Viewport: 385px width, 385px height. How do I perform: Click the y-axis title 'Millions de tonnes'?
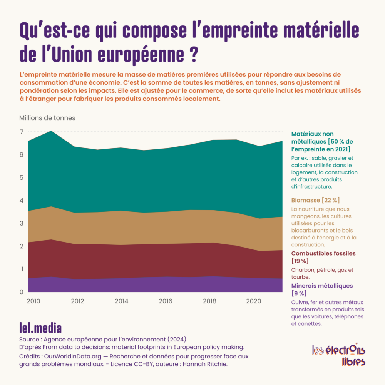[x=47, y=118]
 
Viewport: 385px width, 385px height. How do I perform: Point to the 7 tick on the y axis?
[x=22, y=132]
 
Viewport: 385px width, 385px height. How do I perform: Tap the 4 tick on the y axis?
[x=22, y=201]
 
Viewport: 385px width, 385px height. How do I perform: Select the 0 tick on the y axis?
[x=22, y=292]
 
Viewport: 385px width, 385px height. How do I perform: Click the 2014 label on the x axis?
[x=122, y=301]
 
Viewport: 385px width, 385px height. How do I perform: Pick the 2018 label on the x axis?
[x=210, y=301]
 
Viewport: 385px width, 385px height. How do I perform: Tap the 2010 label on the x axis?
[x=34, y=301]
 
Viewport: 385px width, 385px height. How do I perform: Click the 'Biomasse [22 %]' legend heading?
[x=316, y=200]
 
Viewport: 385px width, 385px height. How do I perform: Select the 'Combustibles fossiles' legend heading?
[x=323, y=253]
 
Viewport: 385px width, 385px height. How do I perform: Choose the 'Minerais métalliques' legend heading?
[x=322, y=286]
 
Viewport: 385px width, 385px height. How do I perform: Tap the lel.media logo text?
[x=40, y=328]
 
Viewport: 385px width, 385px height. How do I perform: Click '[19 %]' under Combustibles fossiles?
[x=300, y=261]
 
